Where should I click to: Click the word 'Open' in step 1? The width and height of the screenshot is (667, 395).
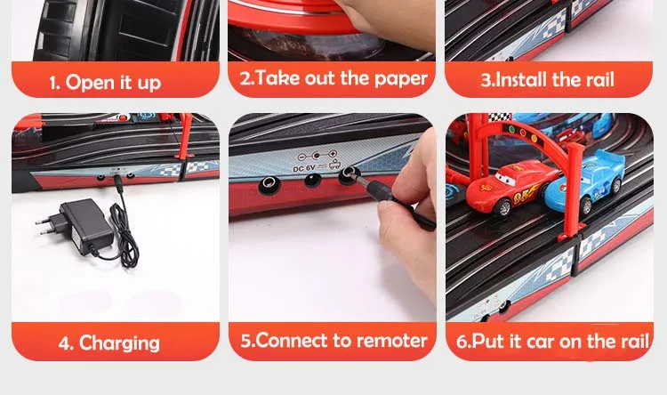(90, 83)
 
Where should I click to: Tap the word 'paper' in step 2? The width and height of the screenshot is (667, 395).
(401, 79)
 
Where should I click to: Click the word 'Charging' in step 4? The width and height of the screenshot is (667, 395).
(119, 343)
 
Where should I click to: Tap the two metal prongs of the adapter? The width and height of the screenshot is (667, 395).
(44, 226)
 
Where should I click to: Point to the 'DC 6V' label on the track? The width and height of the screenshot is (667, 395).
(304, 168)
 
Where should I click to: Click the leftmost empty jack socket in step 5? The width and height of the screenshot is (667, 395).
(268, 184)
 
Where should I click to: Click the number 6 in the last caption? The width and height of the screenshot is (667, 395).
(461, 342)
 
